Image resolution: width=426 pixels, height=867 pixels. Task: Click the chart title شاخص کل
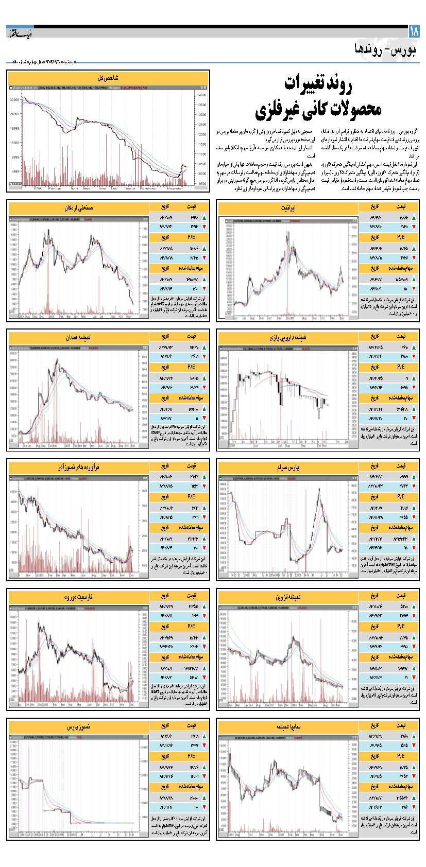pyautogui.click(x=108, y=78)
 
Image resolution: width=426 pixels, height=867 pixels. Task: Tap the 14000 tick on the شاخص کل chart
pyautogui.click(x=201, y=95)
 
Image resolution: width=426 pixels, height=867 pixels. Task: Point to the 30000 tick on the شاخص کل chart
pyautogui.click(x=14, y=100)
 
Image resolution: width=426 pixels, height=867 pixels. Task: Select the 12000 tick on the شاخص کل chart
pyautogui.click(x=201, y=134)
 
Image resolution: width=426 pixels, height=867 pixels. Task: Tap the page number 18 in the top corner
pyautogui.click(x=415, y=31)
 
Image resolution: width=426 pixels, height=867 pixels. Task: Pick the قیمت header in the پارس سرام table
pyautogui.click(x=399, y=465)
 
